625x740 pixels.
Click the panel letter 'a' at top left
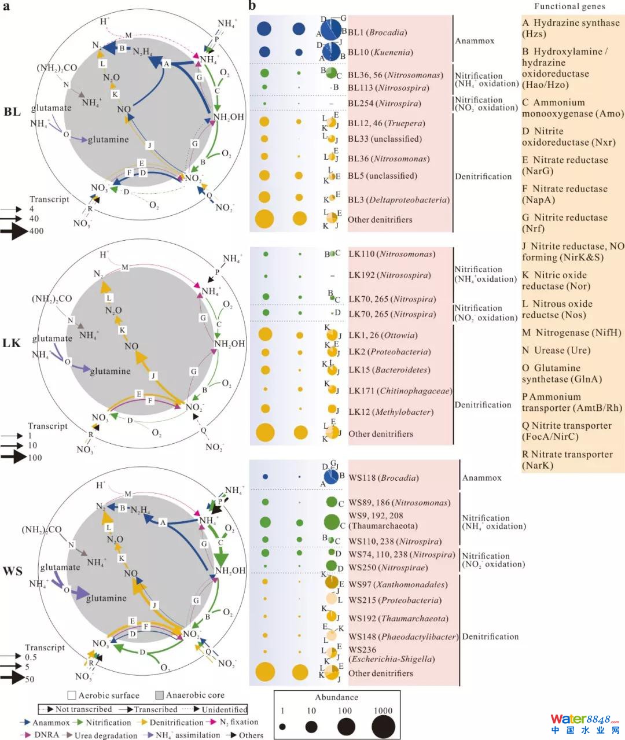coord(6,6)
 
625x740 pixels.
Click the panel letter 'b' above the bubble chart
coord(252,6)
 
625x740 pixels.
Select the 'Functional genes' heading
coord(569,6)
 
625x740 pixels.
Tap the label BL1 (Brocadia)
coord(377,33)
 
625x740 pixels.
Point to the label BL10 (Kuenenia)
coord(380,53)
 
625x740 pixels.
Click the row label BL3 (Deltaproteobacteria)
coord(398,200)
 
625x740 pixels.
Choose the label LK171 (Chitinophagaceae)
coord(400,391)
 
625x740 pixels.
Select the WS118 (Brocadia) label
coord(383,478)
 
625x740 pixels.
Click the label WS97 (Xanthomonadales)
coord(398,585)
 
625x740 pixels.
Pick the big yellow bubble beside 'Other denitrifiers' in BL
coord(264,219)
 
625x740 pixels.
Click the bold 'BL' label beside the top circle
coord(12,112)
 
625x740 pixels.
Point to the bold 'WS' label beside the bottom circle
coord(12,572)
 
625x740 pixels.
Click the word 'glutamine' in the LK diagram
coord(110,371)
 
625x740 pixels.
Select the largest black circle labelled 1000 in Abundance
coord(383,727)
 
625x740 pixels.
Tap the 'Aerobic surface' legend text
coord(109,695)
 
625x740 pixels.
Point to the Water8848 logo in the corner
coord(584,723)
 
